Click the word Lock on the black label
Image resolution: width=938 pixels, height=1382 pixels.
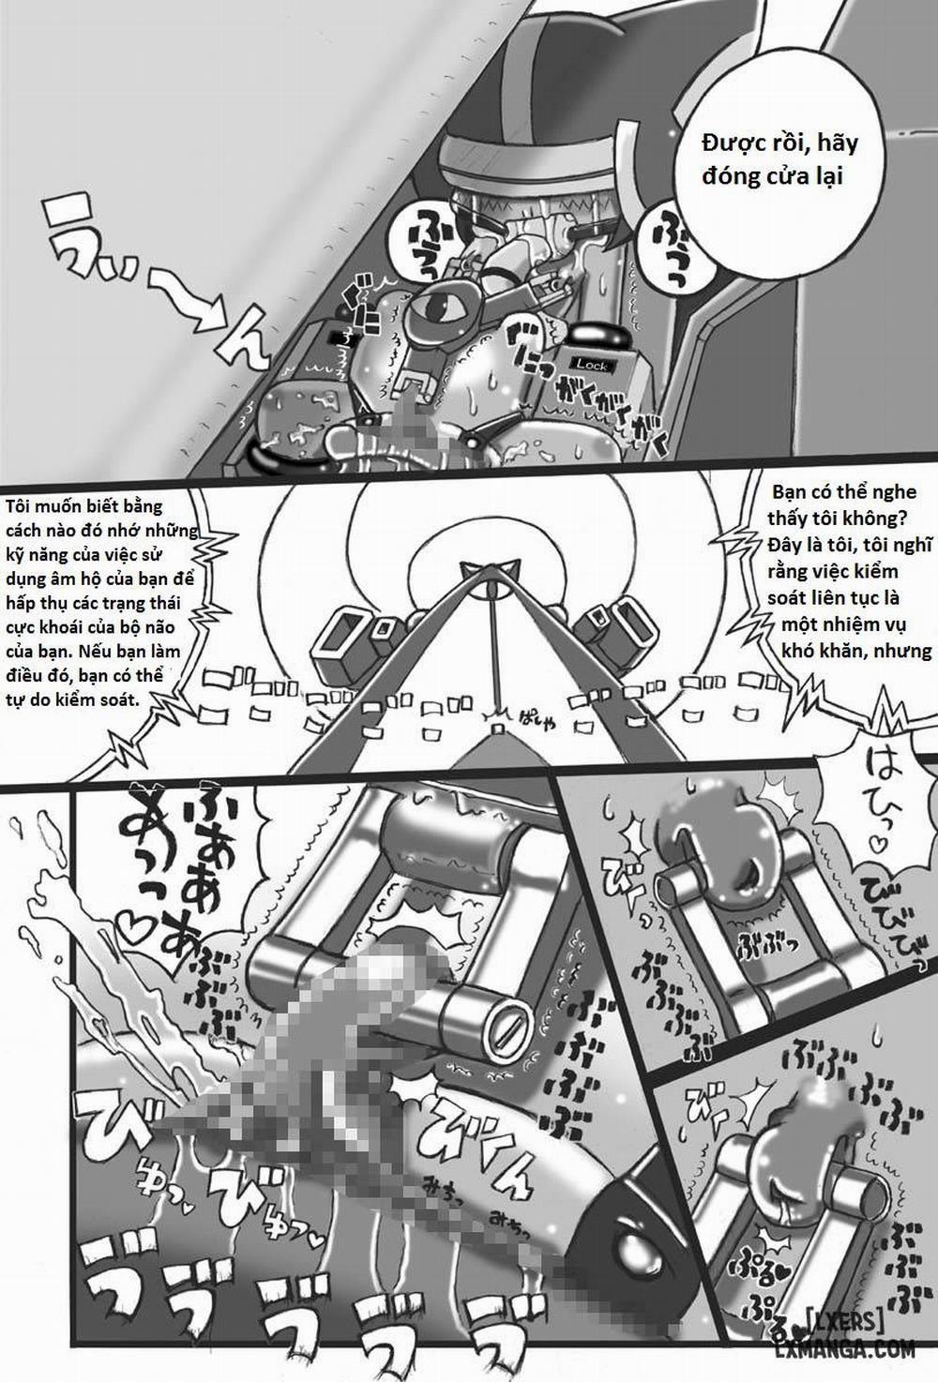[592, 365]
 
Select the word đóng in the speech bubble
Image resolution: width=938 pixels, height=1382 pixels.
[730, 176]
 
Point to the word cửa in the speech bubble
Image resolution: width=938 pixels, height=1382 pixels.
[786, 176]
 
